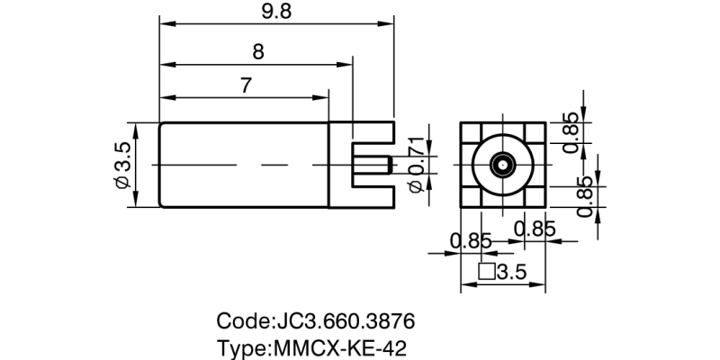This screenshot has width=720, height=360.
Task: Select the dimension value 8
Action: pyautogui.click(x=258, y=52)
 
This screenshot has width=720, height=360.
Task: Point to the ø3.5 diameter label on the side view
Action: pyautogui.click(x=123, y=165)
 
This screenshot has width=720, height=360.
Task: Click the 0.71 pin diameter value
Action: pyautogui.click(x=415, y=157)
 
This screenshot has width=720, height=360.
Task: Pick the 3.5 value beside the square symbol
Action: pyautogui.click(x=511, y=272)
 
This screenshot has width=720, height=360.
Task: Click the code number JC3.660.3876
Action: pyautogui.click(x=343, y=321)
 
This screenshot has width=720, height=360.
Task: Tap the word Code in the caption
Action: pyautogui.click(x=242, y=321)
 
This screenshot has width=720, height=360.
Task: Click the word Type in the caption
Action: pyautogui.click(x=241, y=347)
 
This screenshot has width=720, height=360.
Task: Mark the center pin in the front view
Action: pyautogui.click(x=502, y=166)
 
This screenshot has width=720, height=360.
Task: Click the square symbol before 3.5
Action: pyautogui.click(x=486, y=272)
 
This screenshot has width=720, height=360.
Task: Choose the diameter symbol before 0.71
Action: pyautogui.click(x=415, y=186)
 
